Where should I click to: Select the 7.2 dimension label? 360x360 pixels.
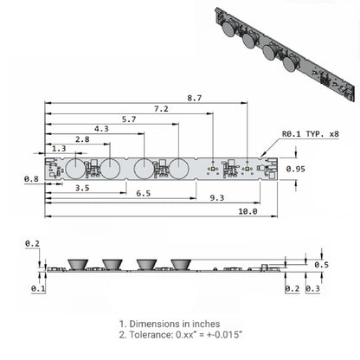pos(161,108)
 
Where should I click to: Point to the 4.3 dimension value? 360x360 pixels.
pos(102,129)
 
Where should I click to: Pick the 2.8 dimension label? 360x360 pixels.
pos(82,139)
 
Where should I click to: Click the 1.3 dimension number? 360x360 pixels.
pos(60,149)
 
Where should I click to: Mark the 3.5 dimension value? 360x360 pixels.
pos(83,187)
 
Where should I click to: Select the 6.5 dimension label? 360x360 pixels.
pos(144,194)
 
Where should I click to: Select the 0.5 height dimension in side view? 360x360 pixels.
pos(320,264)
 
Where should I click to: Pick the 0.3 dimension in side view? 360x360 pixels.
pos(312,287)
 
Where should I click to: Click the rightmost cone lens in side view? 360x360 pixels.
pos(180,263)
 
